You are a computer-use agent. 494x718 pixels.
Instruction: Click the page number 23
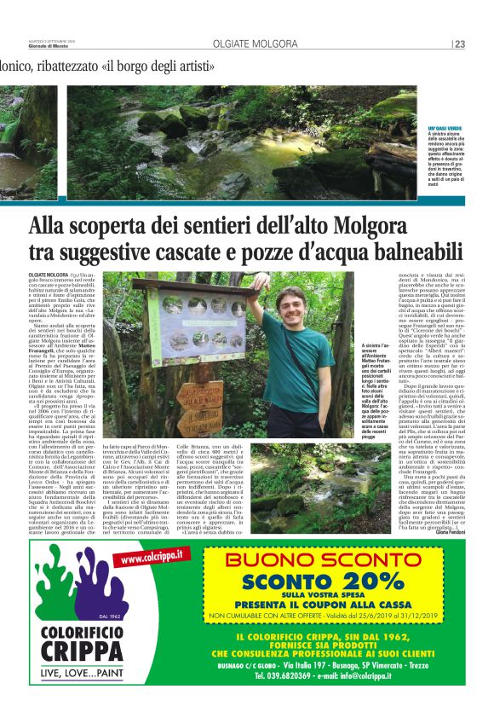click(459, 43)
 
